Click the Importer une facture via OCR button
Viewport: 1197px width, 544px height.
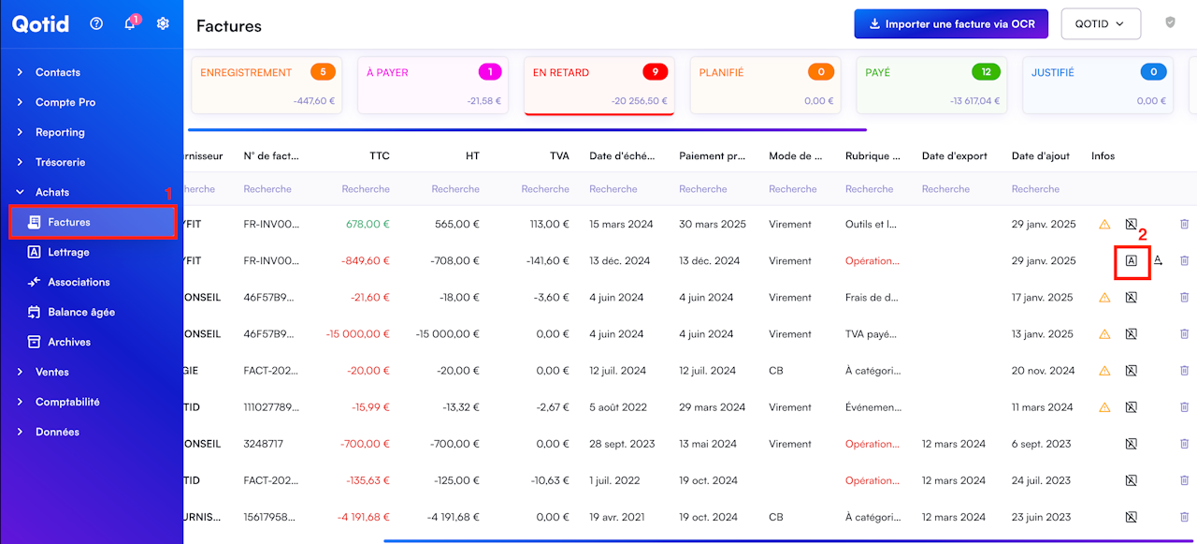point(951,24)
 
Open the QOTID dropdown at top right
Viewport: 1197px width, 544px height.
point(1101,24)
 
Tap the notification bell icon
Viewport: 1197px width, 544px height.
point(130,23)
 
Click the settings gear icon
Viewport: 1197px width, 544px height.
point(163,23)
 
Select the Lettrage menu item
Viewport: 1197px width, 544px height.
point(68,252)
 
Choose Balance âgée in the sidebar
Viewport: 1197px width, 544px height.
point(81,312)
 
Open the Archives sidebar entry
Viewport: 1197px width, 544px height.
point(69,342)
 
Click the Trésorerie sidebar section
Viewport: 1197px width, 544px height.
point(60,162)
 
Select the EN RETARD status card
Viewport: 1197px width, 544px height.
point(599,85)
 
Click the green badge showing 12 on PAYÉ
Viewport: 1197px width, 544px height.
point(986,72)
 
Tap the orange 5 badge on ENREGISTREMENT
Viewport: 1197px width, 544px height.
point(323,72)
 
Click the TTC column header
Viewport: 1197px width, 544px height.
point(380,155)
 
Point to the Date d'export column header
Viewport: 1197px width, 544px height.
point(955,155)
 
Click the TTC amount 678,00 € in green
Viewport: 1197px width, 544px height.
point(368,224)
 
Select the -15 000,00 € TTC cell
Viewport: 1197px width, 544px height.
point(357,333)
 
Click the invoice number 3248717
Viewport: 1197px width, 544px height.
point(264,444)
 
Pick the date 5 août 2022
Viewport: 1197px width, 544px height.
point(618,407)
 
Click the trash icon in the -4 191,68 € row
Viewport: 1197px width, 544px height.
point(1184,517)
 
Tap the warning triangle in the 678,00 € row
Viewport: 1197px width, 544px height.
point(1104,224)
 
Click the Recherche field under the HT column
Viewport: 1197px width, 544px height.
point(455,189)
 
